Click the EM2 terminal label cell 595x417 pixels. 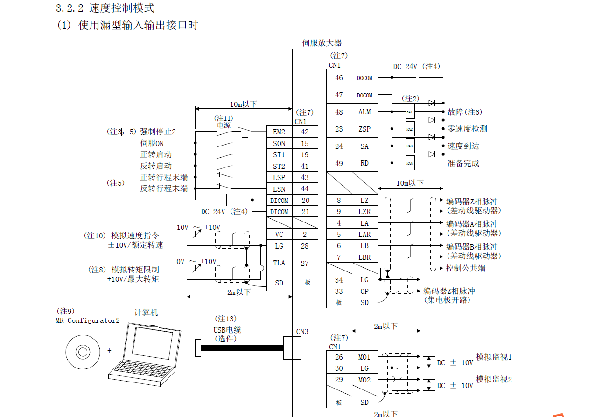click(x=279, y=132)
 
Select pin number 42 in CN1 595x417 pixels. click(x=305, y=132)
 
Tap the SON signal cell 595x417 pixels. click(x=279, y=144)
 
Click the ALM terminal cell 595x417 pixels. click(x=364, y=112)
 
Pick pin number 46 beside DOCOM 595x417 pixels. click(x=339, y=78)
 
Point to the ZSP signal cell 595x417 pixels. click(x=364, y=129)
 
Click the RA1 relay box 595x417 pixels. click(x=410, y=112)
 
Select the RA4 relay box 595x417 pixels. click(x=410, y=163)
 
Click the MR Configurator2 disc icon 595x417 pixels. click(x=82, y=351)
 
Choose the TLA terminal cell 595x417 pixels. click(x=279, y=263)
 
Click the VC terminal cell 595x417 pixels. click(x=279, y=235)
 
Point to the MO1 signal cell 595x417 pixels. click(x=364, y=357)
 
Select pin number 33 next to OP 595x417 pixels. click(x=339, y=291)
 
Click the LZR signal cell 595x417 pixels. click(x=364, y=212)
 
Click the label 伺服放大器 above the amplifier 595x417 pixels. click(x=322, y=43)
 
